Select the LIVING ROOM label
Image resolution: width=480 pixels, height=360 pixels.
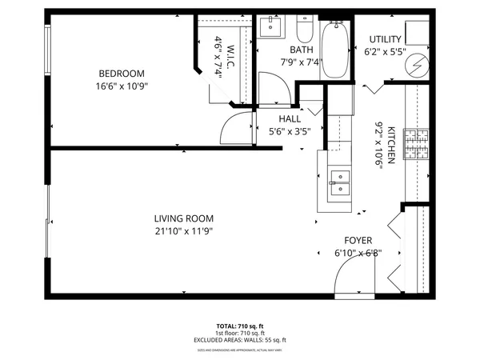[x=189, y=218]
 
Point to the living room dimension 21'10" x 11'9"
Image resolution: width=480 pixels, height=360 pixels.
[x=189, y=231]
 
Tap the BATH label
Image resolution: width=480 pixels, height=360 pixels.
[x=290, y=50]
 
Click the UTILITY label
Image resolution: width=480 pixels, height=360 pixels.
[x=384, y=40]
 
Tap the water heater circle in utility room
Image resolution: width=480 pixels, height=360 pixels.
[x=414, y=64]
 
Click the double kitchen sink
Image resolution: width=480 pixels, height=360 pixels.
[x=338, y=184]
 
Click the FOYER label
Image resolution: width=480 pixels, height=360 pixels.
[x=358, y=240]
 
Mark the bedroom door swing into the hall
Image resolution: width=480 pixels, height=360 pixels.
[x=235, y=127]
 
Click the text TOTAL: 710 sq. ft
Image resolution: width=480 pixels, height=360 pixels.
[x=240, y=326]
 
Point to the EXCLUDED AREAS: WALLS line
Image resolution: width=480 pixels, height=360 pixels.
[x=240, y=340]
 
